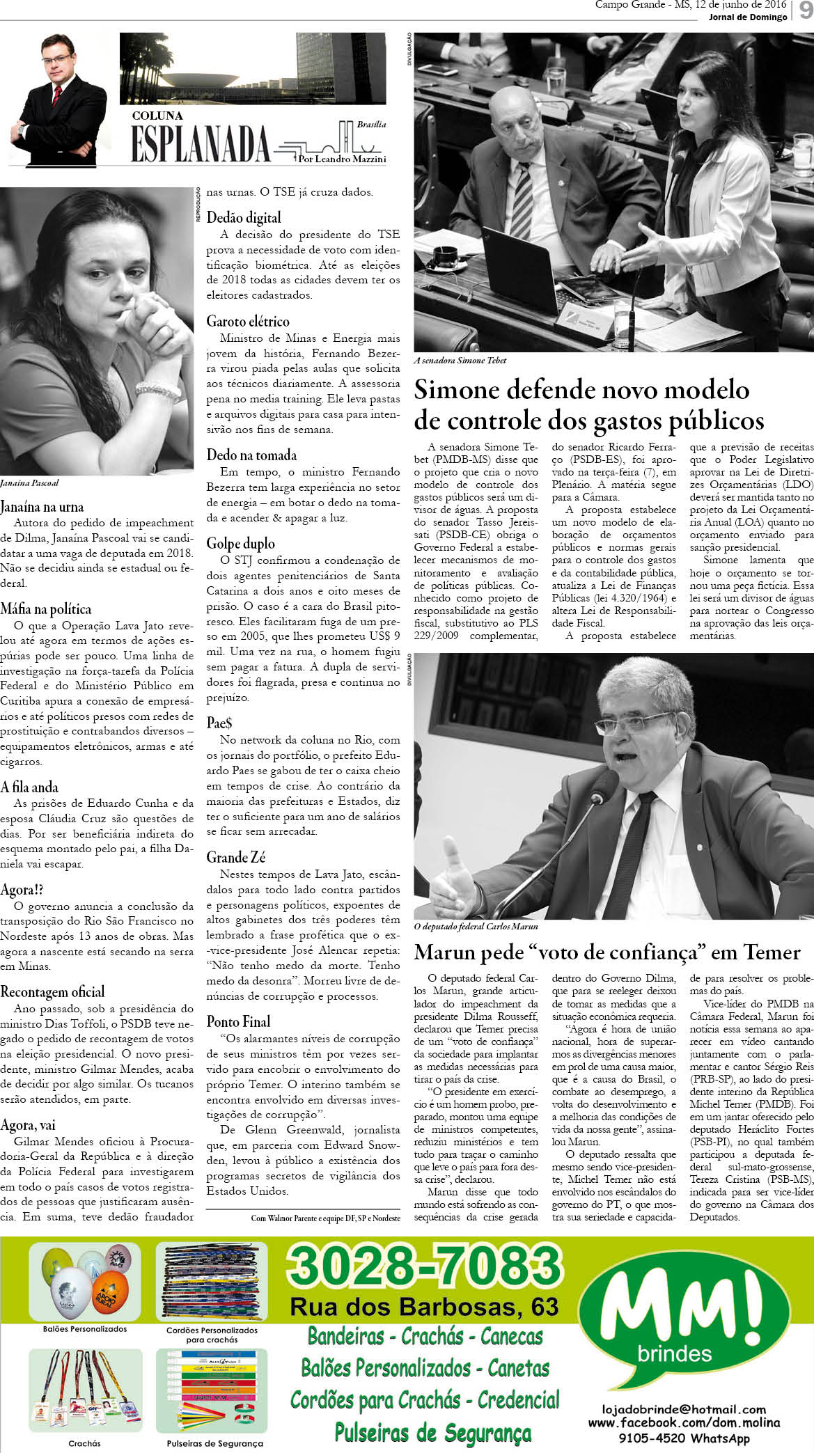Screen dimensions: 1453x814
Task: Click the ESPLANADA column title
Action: [x=200, y=145]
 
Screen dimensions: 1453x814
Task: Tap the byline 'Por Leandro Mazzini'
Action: [x=341, y=159]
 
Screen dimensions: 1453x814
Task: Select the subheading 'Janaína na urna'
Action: [x=42, y=506]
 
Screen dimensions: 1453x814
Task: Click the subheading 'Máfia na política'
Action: [x=46, y=609]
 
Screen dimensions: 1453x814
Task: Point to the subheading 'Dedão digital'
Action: [x=244, y=217]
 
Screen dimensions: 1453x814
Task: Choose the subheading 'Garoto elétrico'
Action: [x=247, y=321]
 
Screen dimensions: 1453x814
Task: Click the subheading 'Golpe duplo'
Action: [x=240, y=543]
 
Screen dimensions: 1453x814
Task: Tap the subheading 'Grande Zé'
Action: [x=235, y=857]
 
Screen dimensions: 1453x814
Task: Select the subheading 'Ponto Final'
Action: [x=238, y=1021]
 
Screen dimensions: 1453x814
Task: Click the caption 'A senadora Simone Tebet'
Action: [x=460, y=361]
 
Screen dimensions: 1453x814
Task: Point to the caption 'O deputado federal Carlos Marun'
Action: [x=476, y=927]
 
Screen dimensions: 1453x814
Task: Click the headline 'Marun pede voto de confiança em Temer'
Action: [x=607, y=952]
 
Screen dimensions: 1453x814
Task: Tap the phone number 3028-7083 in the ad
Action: [x=423, y=1265]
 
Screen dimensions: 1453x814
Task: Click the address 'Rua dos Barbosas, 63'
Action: [x=423, y=1307]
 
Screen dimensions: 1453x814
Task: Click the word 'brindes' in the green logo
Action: [x=674, y=1354]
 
